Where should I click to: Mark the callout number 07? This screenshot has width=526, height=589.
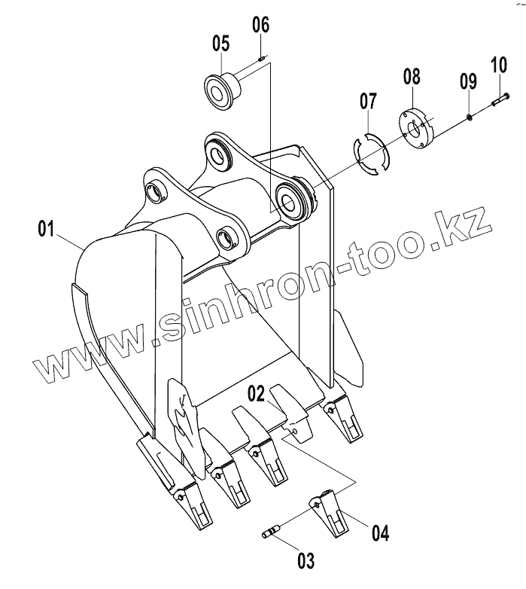[367, 100]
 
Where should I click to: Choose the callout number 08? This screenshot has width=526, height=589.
[412, 75]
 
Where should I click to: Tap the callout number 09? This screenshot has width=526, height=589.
[467, 80]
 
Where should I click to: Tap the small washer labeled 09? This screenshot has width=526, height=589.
[468, 115]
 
